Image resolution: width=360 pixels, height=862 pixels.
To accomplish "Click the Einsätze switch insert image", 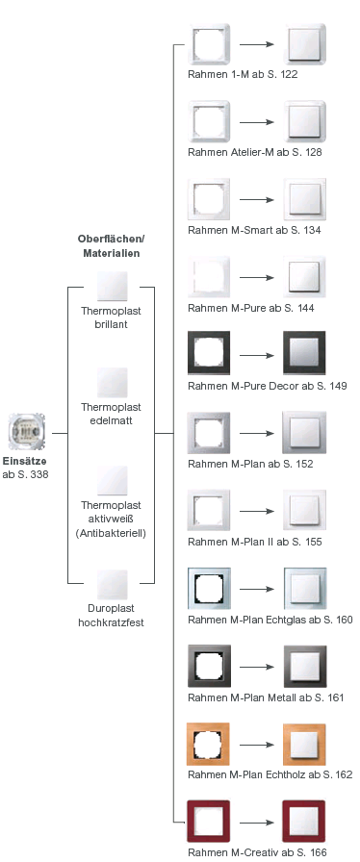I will point(25,433).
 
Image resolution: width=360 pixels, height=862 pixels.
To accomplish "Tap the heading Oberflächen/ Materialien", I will point(110,245).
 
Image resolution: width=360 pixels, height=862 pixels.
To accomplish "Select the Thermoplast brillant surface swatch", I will point(112,287).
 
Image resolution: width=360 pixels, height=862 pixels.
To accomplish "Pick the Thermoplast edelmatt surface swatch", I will point(112,383).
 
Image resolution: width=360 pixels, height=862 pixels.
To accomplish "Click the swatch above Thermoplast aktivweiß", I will point(112,481).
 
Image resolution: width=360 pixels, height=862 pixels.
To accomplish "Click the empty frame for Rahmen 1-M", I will point(208,44).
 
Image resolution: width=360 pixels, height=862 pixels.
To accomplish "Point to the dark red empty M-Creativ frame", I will point(208,821).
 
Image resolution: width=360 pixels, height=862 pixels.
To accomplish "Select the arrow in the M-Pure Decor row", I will point(255,355).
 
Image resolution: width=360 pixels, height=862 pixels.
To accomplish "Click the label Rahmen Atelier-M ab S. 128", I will point(256,152).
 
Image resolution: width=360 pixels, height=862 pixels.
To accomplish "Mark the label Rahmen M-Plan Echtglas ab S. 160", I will point(270,620).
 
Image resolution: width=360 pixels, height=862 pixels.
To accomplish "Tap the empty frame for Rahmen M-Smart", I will point(208,200).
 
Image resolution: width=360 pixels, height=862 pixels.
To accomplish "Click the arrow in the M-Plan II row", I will point(255,510).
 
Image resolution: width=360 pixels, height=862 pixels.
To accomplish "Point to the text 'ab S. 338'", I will point(25,475).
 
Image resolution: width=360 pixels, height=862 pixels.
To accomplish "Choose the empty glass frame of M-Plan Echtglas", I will point(208,588).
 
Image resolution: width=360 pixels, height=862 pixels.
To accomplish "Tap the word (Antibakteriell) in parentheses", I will point(112,532).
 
